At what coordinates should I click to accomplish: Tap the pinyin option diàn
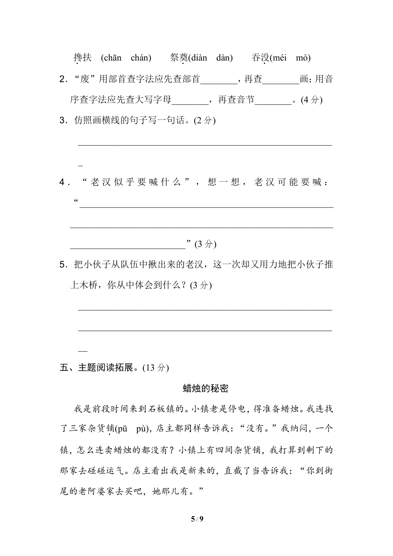[199, 58]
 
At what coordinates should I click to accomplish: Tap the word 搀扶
[83, 58]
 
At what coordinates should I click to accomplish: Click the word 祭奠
[179, 58]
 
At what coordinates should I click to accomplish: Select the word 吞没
[260, 58]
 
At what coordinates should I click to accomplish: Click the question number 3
[62, 121]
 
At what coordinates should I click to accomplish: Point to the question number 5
[62, 265]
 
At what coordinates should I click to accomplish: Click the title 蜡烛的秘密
[206, 389]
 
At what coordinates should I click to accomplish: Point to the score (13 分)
[156, 368]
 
